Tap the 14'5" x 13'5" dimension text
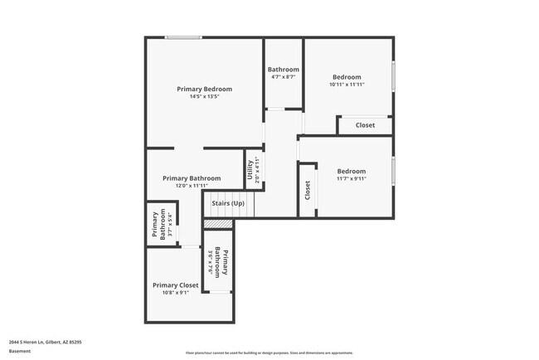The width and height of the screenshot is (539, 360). pyautogui.click(x=204, y=96)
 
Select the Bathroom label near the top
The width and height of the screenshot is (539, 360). pyautogui.click(x=283, y=70)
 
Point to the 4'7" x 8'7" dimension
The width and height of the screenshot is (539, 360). pyautogui.click(x=283, y=77)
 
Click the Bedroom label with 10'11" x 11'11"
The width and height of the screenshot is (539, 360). pyautogui.click(x=347, y=77)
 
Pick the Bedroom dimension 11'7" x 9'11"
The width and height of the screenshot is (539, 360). pyautogui.click(x=351, y=178)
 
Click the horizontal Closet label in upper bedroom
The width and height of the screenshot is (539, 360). pyautogui.click(x=365, y=125)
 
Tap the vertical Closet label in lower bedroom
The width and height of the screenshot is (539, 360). pyautogui.click(x=308, y=190)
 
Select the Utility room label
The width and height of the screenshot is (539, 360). pyautogui.click(x=250, y=170)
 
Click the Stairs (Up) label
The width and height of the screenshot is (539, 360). pyautogui.click(x=228, y=203)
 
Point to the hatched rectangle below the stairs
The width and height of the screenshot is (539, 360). pyautogui.click(x=216, y=224)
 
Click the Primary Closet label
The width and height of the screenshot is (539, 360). pyautogui.click(x=175, y=285)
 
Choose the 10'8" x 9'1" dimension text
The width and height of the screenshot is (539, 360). pyautogui.click(x=175, y=292)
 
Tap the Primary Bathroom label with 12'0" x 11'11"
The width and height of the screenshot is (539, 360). pyautogui.click(x=192, y=178)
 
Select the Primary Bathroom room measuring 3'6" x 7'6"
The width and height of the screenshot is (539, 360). pyautogui.click(x=219, y=262)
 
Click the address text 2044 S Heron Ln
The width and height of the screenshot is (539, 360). pyautogui.click(x=45, y=341)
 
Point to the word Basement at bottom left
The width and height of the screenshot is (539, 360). pyautogui.click(x=20, y=351)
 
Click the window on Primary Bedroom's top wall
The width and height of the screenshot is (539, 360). pyautogui.click(x=182, y=37)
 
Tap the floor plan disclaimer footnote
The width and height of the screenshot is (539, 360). pyautogui.click(x=269, y=352)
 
